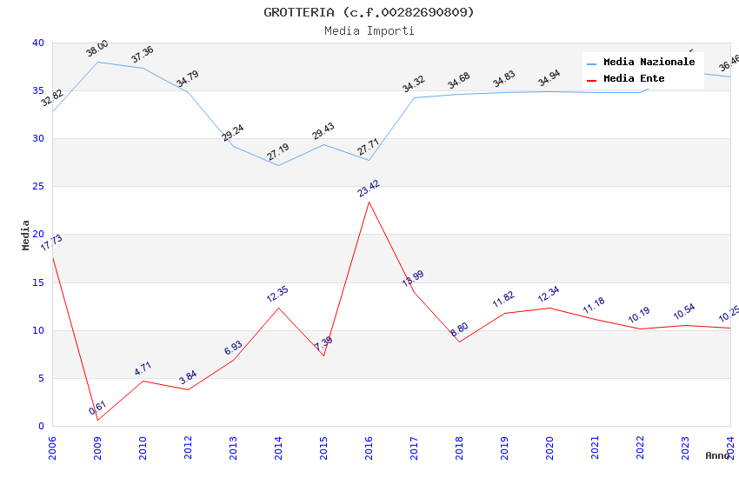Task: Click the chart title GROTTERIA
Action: (x=369, y=12)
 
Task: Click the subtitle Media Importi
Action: (x=369, y=30)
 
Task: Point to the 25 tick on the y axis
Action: (x=37, y=187)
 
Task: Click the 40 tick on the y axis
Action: (x=37, y=43)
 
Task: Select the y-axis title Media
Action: (x=26, y=235)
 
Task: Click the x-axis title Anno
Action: (x=717, y=455)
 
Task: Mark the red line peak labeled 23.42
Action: (x=369, y=202)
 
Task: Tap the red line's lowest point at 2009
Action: (x=97, y=420)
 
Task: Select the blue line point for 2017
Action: (x=414, y=97)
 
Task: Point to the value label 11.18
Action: (x=595, y=305)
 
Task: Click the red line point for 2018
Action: (x=459, y=342)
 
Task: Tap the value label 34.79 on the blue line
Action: (x=188, y=79)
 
